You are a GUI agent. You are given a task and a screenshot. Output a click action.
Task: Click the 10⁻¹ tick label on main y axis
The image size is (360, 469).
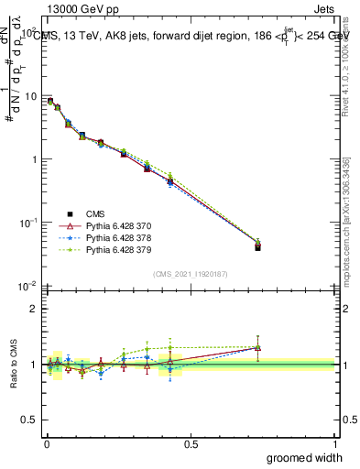[27, 223]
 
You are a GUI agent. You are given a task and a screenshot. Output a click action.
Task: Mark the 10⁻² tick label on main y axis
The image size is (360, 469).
[27, 286]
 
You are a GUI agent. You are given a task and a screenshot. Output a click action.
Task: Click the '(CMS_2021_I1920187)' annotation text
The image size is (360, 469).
[190, 273]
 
